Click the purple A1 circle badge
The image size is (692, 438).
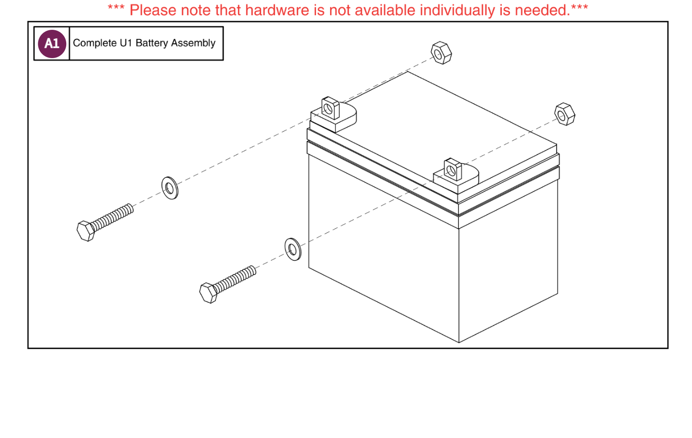(x=52, y=43)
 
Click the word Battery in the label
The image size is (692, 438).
(x=151, y=43)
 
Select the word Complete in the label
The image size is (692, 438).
(x=95, y=43)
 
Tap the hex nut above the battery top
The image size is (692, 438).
(x=441, y=53)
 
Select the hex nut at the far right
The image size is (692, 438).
(x=564, y=114)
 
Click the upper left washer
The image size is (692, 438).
(x=170, y=188)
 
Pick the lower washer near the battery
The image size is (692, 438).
(x=293, y=249)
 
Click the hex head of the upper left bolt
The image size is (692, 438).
(x=86, y=231)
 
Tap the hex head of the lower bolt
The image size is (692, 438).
(x=208, y=293)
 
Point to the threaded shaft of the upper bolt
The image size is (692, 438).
(x=113, y=217)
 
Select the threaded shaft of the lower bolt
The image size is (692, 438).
(x=235, y=279)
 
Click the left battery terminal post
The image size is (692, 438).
(x=331, y=109)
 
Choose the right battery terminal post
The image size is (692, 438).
(x=453, y=170)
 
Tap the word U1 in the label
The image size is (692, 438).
(x=126, y=43)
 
